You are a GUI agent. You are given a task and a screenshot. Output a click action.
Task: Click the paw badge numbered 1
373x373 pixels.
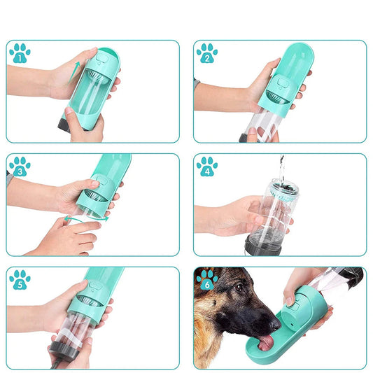[x=20, y=53]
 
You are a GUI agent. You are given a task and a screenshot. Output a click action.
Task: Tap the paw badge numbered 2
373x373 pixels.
[x=207, y=53]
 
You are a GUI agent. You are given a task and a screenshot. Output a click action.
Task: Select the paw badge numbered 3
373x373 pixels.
[x=20, y=167]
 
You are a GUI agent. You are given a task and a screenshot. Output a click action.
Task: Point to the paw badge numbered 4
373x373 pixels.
[x=207, y=167]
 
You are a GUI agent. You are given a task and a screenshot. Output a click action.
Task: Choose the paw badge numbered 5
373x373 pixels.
[x=20, y=280]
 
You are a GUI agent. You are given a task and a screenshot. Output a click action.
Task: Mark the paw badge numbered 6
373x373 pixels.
[x=207, y=280]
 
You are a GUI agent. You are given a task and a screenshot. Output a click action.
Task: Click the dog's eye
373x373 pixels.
[x=238, y=288]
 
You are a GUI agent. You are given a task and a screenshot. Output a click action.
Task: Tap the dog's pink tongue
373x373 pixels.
[x=266, y=342]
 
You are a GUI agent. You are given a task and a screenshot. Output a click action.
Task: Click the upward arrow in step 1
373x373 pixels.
[x=74, y=72]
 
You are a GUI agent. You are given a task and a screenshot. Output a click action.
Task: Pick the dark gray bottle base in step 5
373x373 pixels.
[x=64, y=351]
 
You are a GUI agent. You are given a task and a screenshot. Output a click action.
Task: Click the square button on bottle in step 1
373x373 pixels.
[x=101, y=58]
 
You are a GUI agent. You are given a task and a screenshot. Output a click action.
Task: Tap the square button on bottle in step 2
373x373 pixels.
[x=282, y=83]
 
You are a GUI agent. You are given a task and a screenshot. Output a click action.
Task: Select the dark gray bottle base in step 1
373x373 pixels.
[x=64, y=125]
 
